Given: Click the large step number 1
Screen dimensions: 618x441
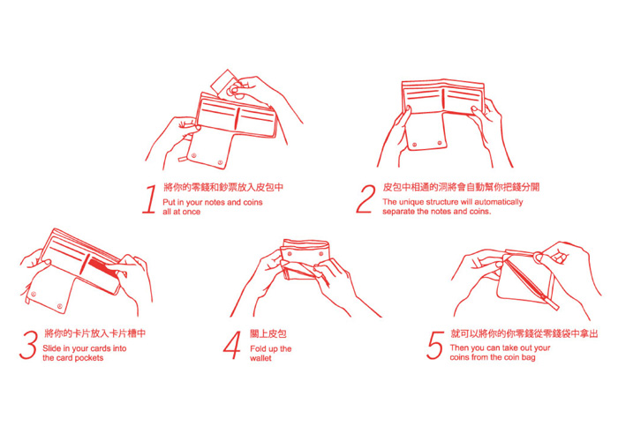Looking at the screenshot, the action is pos(150,199).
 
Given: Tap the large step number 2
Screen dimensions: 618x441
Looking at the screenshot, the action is pos(366,198).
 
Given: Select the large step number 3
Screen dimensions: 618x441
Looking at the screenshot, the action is pos(29,345).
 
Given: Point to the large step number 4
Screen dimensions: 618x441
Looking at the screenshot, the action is pos(232,345).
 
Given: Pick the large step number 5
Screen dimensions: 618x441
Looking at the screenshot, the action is pos(434,345).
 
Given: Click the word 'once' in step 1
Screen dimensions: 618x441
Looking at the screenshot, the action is pos(191,212).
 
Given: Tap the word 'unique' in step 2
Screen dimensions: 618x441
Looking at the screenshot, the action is pos(411,202).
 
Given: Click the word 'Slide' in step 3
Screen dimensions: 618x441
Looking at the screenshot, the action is pos(51,348).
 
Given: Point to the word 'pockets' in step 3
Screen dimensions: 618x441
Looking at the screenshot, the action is pos(89,358).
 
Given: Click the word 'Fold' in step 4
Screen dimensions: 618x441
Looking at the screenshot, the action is pos(258,349).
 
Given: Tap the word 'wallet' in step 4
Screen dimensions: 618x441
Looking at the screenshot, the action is pos(260,358).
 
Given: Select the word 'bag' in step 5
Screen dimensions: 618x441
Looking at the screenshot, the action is pos(528,358).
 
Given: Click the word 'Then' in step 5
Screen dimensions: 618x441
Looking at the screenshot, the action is pos(459,348).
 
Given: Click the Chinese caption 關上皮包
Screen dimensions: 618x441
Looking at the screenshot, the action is pos(268,334).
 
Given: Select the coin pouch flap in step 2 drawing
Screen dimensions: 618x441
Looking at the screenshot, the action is pos(426,131).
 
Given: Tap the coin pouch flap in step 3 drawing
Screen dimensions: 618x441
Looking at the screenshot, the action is pos(49,293).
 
